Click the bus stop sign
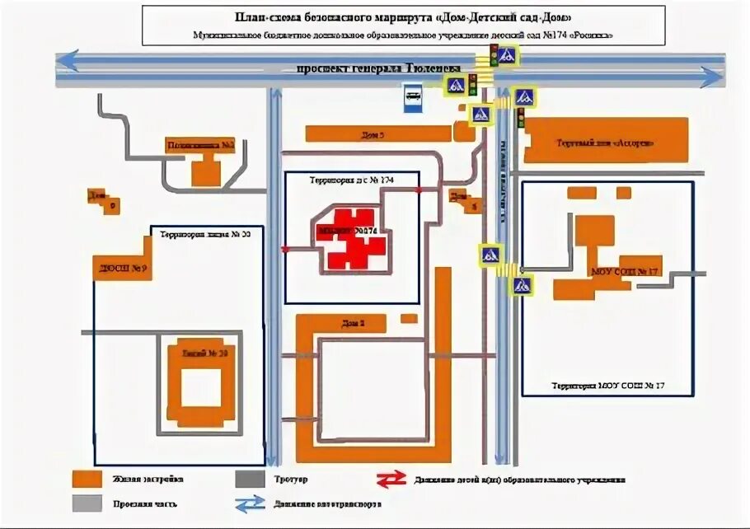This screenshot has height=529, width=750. tap(411, 96)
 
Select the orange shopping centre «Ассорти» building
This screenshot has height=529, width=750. tap(606, 139)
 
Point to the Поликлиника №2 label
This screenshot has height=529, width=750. tap(201, 146)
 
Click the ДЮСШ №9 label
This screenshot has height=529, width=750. tap(120, 268)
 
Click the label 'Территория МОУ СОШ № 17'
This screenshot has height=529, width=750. tap(608, 385)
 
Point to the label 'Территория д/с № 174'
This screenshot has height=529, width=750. tap(352, 179)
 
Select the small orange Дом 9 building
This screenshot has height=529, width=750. tap(111, 204)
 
